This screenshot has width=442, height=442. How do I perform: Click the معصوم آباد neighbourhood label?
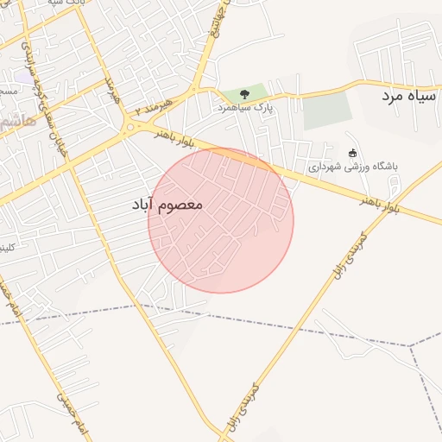click(x=167, y=205)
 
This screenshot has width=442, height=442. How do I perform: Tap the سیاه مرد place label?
click(x=411, y=96)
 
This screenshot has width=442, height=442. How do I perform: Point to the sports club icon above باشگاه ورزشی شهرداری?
click(x=352, y=154)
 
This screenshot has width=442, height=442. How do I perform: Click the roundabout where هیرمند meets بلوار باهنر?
click(x=130, y=127)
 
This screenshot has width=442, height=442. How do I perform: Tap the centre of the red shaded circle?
click(x=221, y=220)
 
